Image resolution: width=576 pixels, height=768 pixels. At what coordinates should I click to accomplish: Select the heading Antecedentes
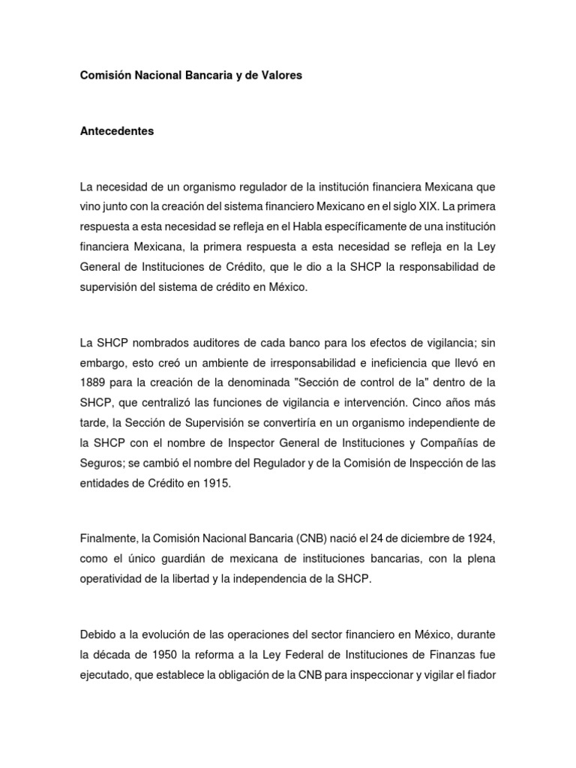click(116, 130)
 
